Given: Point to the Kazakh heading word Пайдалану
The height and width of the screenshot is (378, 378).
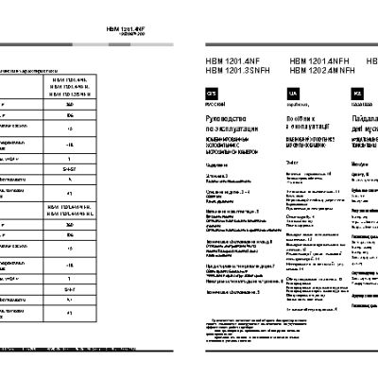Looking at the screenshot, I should tap(365, 112).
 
